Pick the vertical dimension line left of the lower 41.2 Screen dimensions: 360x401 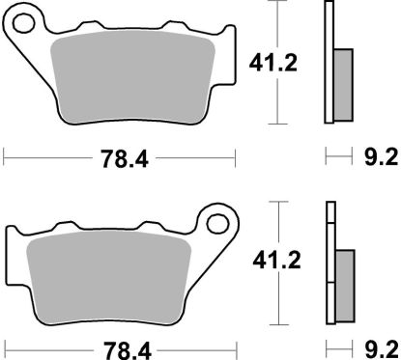[281, 261]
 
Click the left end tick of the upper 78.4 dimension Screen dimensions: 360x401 [5, 154]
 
